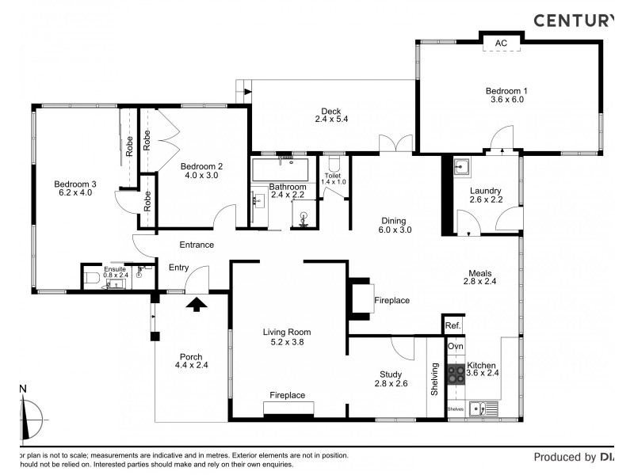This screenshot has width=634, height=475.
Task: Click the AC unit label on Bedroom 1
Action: [501, 43]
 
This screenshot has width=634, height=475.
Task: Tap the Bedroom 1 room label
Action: [506, 91]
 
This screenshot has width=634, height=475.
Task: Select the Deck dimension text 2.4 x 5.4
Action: [331, 120]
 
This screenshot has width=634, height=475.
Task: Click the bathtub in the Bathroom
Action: [280, 169]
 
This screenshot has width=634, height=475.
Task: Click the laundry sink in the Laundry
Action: [462, 167]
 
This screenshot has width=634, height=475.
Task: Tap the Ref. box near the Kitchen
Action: [453, 325]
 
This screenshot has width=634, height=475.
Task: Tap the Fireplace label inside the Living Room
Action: [287, 394]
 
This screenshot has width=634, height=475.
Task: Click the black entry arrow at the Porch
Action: [197, 302]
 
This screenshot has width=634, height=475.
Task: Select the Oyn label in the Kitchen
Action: [456, 347]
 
